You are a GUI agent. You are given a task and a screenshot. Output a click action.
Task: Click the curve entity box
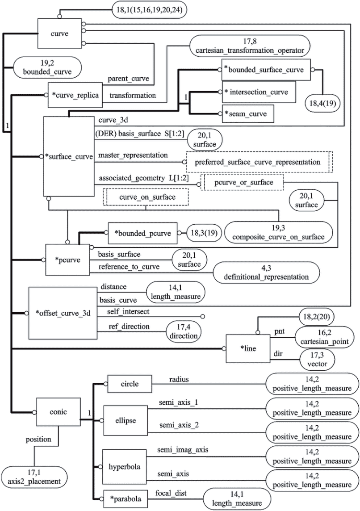point(59,34)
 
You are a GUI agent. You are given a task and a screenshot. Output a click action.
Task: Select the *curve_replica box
point(75,95)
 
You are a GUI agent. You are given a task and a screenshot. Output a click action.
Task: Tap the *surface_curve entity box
point(69,156)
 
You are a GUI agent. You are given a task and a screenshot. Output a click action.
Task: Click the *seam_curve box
point(247,114)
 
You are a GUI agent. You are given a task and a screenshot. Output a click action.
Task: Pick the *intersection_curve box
point(259,92)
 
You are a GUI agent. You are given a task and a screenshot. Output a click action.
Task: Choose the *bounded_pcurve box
point(142,233)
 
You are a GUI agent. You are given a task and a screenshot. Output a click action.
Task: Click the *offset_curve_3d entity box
point(63,313)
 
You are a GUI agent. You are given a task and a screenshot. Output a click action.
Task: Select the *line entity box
point(248,348)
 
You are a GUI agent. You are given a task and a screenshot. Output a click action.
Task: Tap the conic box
point(59,411)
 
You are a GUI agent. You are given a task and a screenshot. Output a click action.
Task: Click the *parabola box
point(126,499)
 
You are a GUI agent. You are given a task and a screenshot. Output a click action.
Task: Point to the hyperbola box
point(125,467)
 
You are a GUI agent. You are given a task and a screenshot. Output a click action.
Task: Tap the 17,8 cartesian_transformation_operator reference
point(250,46)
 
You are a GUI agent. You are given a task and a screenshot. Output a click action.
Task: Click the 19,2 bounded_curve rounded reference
point(47,67)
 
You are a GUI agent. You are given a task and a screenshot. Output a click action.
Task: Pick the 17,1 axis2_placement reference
point(35,477)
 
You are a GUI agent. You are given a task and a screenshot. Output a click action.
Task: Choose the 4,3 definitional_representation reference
point(266,272)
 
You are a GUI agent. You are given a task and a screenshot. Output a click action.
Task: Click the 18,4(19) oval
point(322,103)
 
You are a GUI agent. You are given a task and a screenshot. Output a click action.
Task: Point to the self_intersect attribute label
point(128,311)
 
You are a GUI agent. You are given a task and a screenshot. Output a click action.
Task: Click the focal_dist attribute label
point(171,493)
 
